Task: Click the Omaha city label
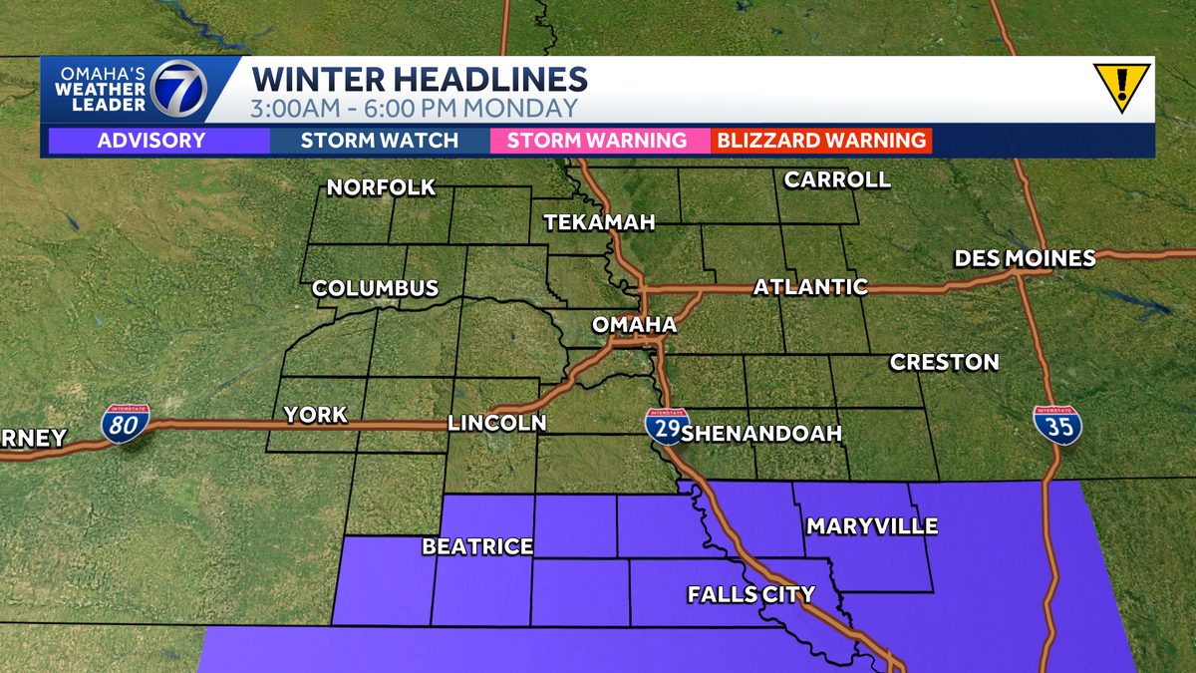point(634,325)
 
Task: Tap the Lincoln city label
point(496,423)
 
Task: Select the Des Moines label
point(1025,259)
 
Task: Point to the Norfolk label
point(382,187)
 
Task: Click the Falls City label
point(751,595)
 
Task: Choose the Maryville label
point(872,525)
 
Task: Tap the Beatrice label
point(477,546)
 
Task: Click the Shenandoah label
point(762,434)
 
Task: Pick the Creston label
point(944,362)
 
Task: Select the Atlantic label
point(810,287)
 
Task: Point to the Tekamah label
point(599,222)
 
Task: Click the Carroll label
point(837,180)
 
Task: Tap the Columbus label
point(375,289)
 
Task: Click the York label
point(315,415)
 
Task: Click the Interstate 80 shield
point(125,424)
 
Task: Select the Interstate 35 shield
point(1057,425)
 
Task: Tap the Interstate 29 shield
point(665,427)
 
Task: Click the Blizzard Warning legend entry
point(820,141)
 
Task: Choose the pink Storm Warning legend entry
point(596,141)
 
